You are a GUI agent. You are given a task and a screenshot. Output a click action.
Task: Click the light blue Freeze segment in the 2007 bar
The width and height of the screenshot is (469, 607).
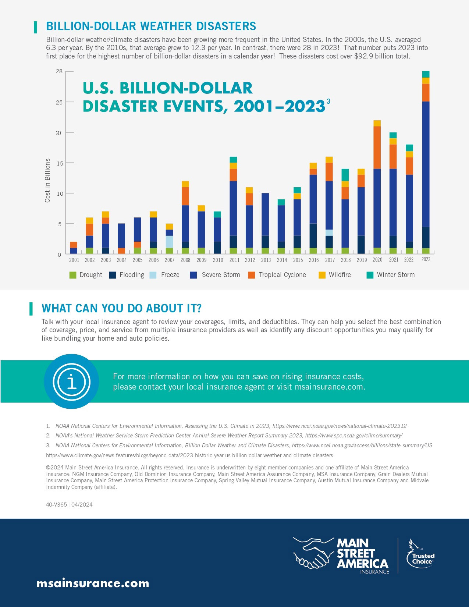tap(170, 242)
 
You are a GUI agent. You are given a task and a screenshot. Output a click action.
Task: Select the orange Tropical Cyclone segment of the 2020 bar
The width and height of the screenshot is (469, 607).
tap(377, 148)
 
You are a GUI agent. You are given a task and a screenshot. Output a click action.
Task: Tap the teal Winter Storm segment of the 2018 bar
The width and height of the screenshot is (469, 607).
tap(345, 175)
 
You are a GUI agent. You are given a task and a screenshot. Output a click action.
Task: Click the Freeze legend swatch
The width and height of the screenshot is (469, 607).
tap(153, 275)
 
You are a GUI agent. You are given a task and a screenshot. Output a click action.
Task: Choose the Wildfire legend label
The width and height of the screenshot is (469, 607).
tap(340, 275)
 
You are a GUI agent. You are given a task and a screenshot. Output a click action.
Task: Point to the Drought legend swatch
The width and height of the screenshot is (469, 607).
tap(73, 275)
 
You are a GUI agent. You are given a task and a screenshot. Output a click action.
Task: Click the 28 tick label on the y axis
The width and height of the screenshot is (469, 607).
tap(59, 71)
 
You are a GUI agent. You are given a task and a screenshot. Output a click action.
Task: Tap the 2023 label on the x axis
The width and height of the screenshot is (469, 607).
tap(426, 259)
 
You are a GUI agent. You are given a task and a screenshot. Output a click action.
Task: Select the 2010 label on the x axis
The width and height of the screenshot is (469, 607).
tap(218, 260)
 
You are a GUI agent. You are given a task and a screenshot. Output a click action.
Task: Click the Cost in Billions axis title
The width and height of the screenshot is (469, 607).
tap(47, 180)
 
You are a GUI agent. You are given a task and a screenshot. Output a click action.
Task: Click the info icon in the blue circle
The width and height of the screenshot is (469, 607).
tap(71, 381)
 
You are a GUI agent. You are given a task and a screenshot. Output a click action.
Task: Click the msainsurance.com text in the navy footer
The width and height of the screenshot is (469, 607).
tap(93, 583)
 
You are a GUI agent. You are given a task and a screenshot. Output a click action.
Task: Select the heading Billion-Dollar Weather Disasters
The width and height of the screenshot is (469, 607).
tap(151, 26)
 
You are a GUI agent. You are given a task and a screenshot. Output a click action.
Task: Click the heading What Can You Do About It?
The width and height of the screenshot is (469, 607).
tap(121, 308)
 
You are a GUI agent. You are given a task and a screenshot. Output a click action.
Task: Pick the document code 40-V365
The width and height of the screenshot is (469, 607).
tap(56, 505)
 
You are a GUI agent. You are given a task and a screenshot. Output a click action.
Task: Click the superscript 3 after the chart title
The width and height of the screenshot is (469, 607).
tap(328, 101)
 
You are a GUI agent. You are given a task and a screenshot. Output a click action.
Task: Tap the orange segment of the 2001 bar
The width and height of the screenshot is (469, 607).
tap(74, 245)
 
